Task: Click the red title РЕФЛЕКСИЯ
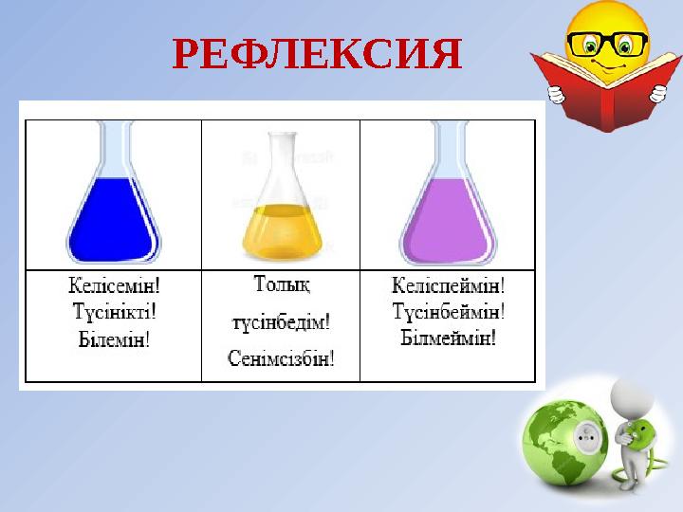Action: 319,57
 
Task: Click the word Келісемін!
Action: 113,283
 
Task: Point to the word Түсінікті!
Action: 113,310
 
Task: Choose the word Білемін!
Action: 113,338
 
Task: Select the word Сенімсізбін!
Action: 282,358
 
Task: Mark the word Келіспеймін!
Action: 448,283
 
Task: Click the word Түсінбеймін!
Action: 448,310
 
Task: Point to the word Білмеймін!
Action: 448,338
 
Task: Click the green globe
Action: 560,441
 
